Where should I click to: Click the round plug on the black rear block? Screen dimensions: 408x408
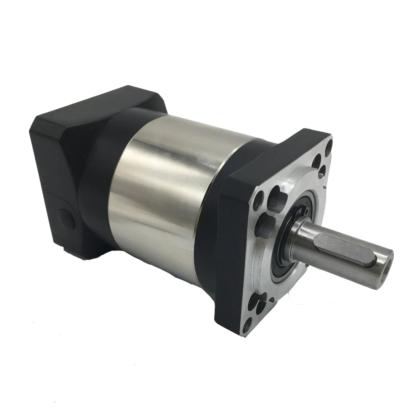(66, 219)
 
